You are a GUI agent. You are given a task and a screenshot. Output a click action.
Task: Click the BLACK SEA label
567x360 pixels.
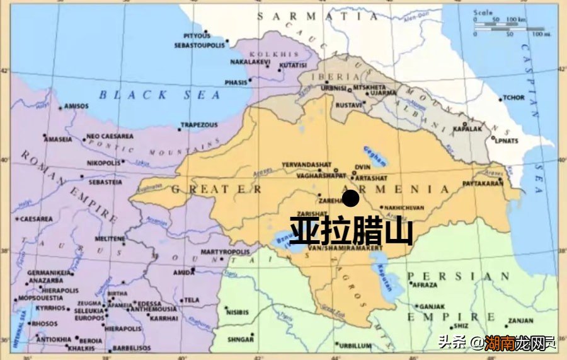[159, 95]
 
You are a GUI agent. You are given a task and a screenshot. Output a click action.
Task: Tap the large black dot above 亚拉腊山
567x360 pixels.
[350, 198]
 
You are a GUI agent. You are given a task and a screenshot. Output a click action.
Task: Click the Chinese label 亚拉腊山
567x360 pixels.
[351, 231]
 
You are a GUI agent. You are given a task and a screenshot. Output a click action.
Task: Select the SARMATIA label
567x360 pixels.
[318, 17]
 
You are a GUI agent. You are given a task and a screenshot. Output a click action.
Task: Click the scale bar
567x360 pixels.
[508, 28]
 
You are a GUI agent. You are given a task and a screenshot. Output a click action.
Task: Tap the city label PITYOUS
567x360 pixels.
[197, 36]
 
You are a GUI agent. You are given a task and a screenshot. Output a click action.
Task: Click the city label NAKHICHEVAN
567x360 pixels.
[409, 207]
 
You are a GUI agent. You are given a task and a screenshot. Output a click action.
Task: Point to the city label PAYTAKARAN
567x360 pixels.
[483, 183]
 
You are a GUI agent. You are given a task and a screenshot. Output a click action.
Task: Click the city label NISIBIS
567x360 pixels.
[238, 312]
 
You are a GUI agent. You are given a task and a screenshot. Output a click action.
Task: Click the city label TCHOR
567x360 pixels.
[513, 98]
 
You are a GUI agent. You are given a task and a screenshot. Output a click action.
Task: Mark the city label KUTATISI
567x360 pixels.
[293, 65]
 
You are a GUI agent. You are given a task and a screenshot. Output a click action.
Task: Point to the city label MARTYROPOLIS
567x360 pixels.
[225, 252]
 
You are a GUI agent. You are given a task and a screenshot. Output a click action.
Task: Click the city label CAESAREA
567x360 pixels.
[36, 219]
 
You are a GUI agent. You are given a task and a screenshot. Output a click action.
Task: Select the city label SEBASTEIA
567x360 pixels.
[105, 182]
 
